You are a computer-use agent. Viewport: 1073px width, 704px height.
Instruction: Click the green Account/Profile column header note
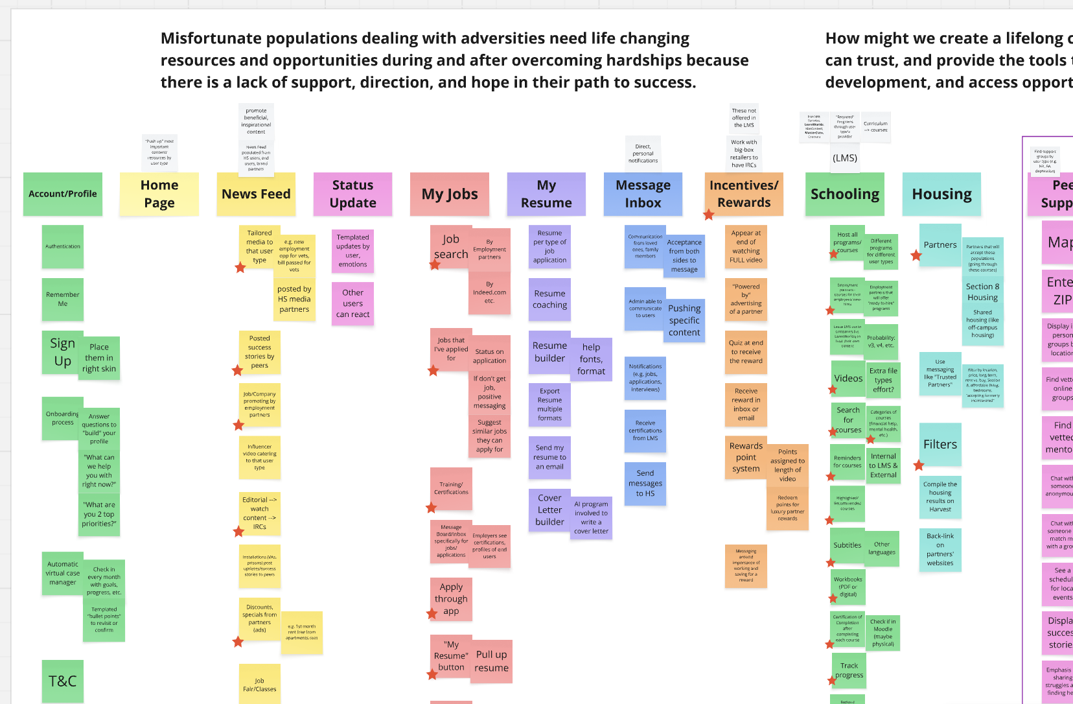click(63, 194)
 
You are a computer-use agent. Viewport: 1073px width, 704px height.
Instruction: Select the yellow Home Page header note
click(159, 194)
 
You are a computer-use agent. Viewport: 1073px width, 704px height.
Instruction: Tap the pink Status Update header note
click(352, 194)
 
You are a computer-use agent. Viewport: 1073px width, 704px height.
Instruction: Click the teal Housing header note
click(941, 194)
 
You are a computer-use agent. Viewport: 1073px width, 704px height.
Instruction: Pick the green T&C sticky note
click(63, 681)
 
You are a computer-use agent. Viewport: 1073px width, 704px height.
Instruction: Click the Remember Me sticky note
click(63, 299)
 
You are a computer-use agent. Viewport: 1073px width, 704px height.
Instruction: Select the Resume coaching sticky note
click(549, 299)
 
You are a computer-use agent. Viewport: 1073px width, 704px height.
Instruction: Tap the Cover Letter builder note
click(549, 510)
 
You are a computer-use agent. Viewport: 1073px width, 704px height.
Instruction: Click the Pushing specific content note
click(684, 320)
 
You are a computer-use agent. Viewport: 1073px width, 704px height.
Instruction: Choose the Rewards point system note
click(746, 457)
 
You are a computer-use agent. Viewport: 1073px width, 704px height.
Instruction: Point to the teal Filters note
click(940, 444)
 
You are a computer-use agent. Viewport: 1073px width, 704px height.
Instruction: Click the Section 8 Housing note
click(983, 292)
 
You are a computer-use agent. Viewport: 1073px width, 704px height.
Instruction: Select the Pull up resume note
click(491, 661)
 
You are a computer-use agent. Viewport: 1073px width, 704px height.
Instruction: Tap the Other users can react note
click(352, 303)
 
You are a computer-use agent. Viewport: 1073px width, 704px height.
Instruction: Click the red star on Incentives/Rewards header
click(709, 215)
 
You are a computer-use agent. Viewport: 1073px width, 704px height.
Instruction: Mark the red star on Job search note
click(435, 264)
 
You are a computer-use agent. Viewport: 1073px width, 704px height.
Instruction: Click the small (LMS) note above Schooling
click(845, 158)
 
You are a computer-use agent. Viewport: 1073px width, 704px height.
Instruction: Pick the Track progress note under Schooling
click(849, 670)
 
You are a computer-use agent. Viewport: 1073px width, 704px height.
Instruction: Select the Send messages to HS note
click(645, 484)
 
